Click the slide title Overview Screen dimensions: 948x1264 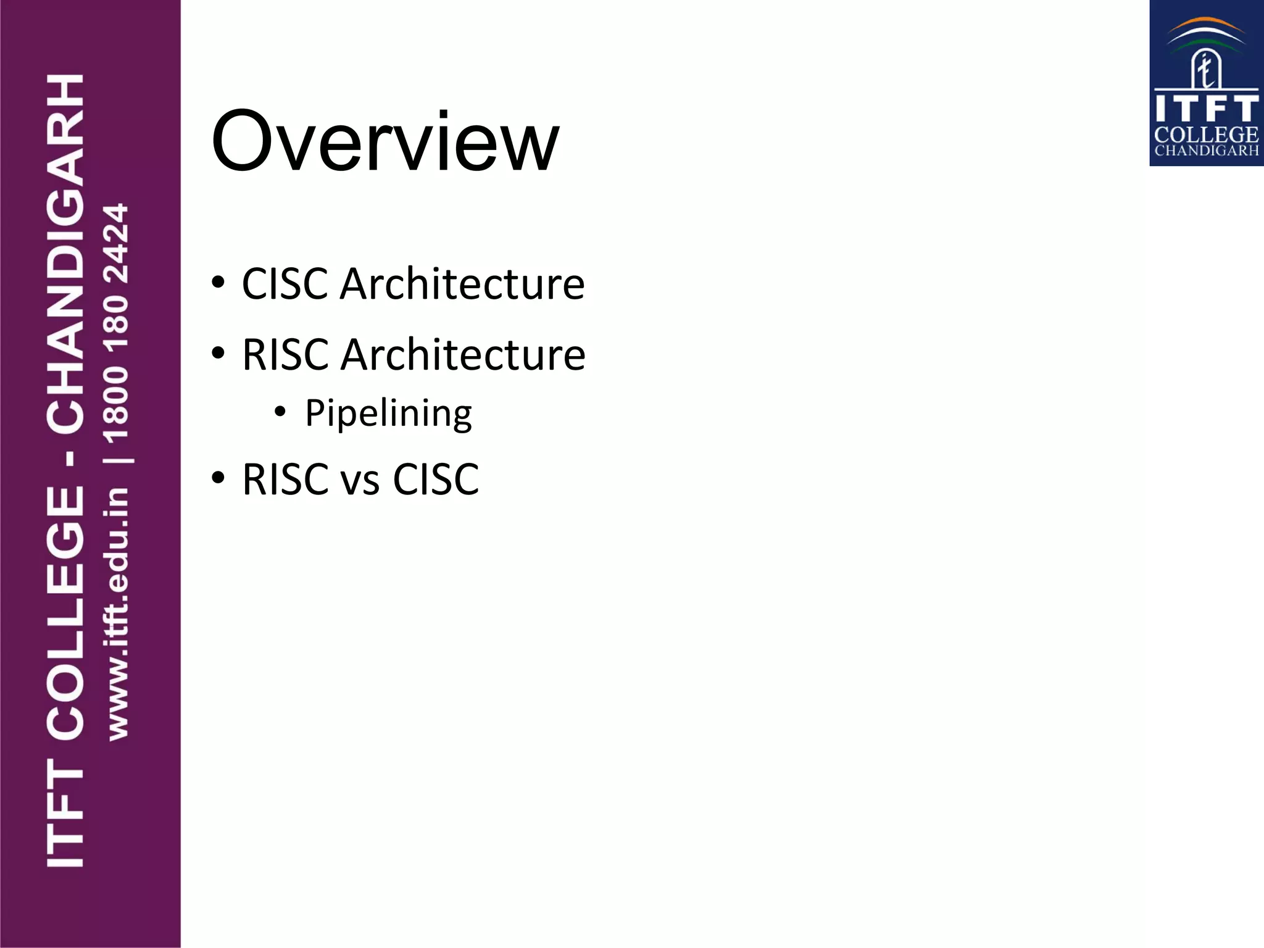385,141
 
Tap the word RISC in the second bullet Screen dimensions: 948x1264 285,355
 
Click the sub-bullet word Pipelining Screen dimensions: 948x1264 388,414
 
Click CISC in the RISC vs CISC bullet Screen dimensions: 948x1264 436,480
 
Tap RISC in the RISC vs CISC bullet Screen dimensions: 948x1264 285,480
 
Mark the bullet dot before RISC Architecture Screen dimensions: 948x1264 218,354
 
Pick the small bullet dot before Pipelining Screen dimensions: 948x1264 281,411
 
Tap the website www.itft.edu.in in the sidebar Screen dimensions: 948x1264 117,613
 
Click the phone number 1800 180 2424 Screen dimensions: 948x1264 117,323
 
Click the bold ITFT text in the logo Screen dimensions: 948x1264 1206,109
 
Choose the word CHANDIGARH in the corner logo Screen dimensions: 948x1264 1206,151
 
